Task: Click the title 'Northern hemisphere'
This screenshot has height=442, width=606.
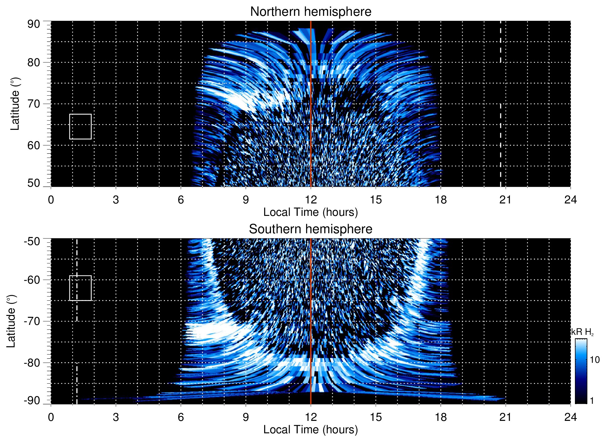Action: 310,12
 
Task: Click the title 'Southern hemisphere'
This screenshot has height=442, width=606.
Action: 310,229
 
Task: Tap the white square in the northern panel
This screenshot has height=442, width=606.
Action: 80,127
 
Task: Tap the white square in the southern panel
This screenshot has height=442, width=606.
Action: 80,288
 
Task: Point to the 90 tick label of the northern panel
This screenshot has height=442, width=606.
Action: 34,24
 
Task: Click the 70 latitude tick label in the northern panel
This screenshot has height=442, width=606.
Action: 34,104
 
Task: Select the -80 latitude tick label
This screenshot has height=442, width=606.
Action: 32,362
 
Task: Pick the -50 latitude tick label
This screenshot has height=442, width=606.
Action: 32,241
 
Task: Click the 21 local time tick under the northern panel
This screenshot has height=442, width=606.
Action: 505,200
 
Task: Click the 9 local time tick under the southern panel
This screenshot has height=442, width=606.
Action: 246,417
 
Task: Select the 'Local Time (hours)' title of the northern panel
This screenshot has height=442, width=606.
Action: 310,212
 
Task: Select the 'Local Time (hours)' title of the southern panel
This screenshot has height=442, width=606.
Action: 310,430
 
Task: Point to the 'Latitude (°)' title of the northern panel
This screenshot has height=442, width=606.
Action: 15,104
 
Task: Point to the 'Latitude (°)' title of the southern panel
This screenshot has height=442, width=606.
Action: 11,321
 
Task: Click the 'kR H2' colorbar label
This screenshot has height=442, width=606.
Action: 582,332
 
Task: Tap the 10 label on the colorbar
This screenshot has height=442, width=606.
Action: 595,360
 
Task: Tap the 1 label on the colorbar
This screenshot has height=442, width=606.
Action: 592,401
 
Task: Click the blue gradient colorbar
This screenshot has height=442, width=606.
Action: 581,371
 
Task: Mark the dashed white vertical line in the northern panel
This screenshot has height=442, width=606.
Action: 500,124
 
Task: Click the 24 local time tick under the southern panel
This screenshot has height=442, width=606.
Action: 570,417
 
